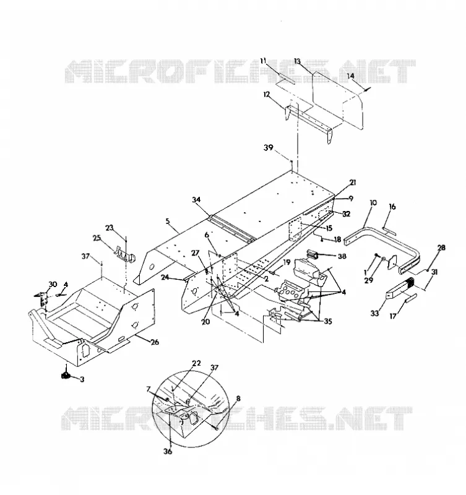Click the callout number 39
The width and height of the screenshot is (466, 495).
pos(269,148)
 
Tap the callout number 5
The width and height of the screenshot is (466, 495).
pos(168,221)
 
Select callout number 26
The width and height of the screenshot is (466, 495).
pos(155,342)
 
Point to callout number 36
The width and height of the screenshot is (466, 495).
pos(168,452)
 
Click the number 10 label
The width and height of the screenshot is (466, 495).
pos(373,203)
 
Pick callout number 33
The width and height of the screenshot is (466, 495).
pos(374,313)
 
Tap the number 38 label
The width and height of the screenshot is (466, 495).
pos(342,256)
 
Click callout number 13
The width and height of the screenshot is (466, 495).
pos(298,61)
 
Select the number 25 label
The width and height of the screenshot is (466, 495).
pos(97,238)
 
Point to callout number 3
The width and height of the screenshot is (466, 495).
pos(82,379)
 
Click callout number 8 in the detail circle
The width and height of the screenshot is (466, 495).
pos(238,398)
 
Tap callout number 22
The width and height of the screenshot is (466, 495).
pos(196,363)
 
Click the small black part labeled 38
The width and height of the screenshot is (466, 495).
pos(312,254)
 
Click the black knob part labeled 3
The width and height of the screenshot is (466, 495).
pos(66,376)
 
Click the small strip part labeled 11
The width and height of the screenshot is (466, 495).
pos(287,78)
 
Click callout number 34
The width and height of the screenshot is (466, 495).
pos(196,199)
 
